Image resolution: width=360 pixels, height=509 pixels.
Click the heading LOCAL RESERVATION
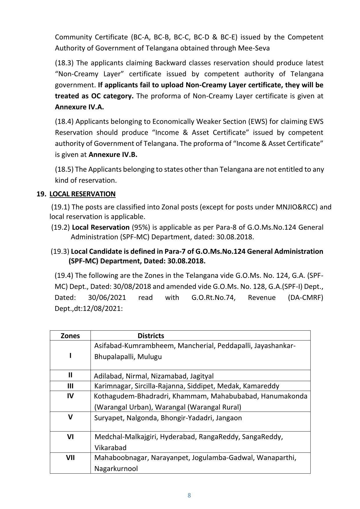coord(82,194)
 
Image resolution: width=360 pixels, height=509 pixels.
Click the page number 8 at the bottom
coord(189,495)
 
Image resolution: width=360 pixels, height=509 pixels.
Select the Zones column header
coord(70,336)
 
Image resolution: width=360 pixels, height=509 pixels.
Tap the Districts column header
coord(151,336)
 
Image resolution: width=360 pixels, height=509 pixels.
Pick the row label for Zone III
coord(70,386)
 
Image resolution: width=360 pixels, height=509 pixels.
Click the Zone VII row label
coord(70,458)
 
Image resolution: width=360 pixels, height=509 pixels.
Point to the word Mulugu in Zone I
coord(149,356)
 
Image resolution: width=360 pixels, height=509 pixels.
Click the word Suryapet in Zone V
coord(106,418)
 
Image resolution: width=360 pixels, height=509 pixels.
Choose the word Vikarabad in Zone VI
coord(111,448)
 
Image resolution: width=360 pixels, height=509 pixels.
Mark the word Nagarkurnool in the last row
coord(116,468)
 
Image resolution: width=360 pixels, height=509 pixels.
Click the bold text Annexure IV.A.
coord(79,107)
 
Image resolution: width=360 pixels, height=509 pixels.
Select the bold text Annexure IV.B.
coord(113,154)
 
